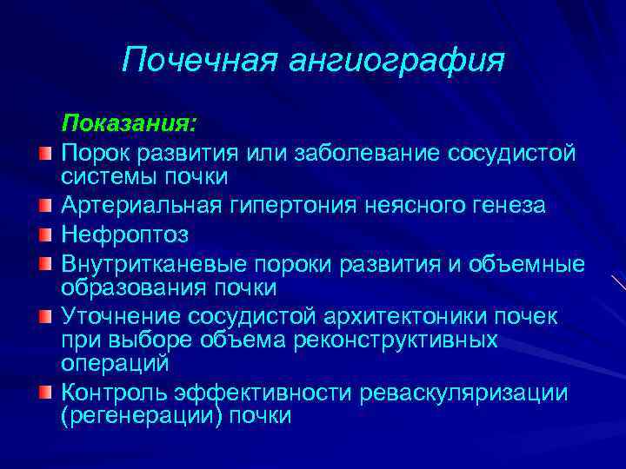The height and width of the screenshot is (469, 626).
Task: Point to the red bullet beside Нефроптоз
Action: click(x=45, y=235)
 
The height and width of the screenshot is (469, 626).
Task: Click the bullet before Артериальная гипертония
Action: click(x=45, y=207)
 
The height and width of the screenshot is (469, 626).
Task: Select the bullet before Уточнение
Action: click(x=45, y=314)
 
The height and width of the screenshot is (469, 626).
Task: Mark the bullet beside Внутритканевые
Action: click(x=45, y=263)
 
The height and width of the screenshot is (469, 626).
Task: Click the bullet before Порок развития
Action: click(x=45, y=154)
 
